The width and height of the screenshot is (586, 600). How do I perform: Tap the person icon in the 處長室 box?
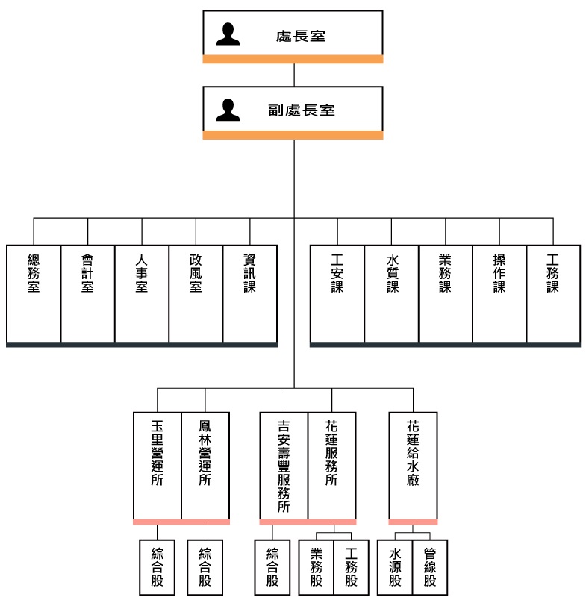[228, 34]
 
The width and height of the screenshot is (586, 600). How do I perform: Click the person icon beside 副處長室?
[228, 110]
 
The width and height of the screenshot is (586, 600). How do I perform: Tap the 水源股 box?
[395, 566]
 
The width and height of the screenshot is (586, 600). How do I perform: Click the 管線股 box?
[429, 566]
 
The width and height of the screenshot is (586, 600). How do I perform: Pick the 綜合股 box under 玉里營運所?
[158, 566]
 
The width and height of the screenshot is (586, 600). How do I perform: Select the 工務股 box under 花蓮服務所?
[352, 566]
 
